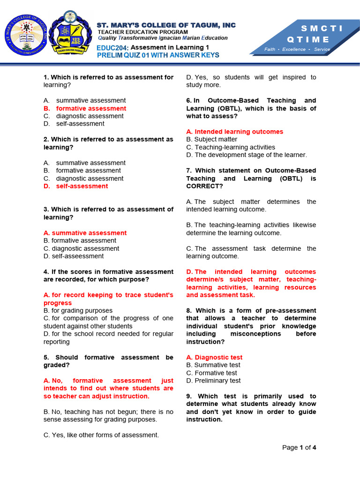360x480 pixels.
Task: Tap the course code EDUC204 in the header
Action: tap(112, 48)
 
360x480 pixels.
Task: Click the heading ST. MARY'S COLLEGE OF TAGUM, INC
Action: tap(166, 25)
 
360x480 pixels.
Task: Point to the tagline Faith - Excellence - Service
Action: tap(297, 49)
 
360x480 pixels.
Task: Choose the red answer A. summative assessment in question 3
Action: tap(85, 233)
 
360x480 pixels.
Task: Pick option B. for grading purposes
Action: tap(78, 311)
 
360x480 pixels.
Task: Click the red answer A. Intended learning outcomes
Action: tap(234, 132)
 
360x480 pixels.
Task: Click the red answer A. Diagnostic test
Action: tap(214, 357)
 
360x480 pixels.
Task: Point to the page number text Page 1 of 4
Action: tap(299, 448)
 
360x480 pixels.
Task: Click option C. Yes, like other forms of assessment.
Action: tap(101, 435)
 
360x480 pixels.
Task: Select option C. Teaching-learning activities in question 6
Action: tap(231, 147)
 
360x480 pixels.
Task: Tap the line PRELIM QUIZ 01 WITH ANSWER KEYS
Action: tap(157, 55)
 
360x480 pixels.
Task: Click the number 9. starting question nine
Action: tap(190, 396)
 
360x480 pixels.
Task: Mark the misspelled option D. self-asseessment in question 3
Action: tap(74, 256)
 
